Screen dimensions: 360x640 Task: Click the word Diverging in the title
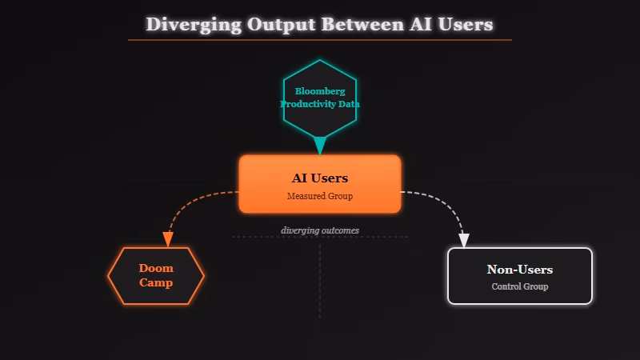point(193,24)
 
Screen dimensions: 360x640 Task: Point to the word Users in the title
point(465,24)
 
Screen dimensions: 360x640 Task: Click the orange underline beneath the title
point(320,39)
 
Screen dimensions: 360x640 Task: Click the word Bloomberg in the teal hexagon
point(320,91)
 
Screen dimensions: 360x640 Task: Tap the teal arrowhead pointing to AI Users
point(320,146)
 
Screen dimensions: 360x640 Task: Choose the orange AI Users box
point(320,184)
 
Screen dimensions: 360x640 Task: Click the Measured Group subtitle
point(320,196)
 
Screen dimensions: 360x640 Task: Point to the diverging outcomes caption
point(320,230)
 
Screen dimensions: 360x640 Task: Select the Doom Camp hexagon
point(156,276)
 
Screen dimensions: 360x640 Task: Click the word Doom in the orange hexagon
point(156,269)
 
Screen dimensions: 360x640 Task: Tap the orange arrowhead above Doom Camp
point(168,239)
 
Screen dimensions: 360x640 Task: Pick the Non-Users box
point(520,276)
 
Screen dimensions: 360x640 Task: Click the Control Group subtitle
point(520,286)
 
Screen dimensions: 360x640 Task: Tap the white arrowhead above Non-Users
point(464,240)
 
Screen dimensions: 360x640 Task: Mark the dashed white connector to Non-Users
point(448,203)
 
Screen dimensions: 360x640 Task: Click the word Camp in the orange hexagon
point(156,282)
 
